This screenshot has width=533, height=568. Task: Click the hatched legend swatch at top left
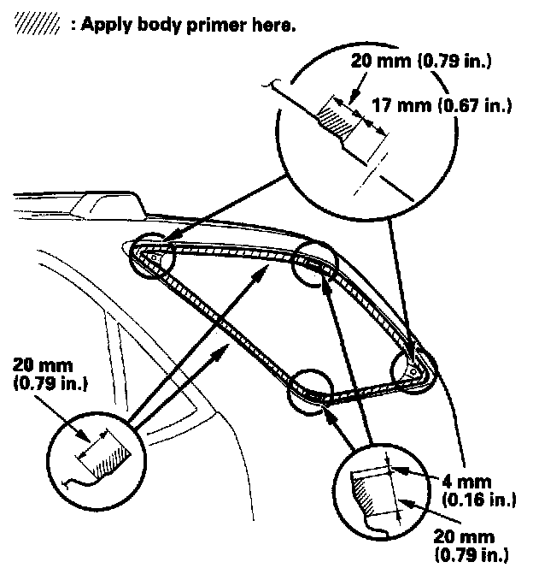[33, 26]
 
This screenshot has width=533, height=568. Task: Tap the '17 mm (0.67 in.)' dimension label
[442, 106]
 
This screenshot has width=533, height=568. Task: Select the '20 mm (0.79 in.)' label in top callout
[419, 62]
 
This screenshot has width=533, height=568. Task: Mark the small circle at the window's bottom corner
[311, 390]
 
